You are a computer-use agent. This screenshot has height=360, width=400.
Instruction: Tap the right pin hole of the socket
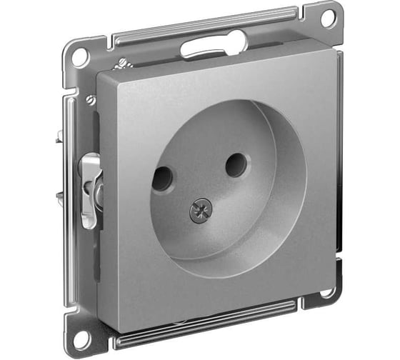tap(236, 166)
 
